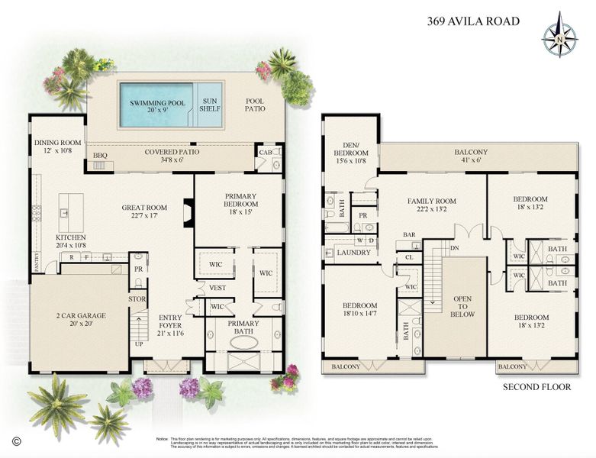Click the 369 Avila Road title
[x=473, y=21]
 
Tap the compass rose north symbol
[x=559, y=34]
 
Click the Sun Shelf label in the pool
[x=208, y=105]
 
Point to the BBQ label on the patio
[x=100, y=156]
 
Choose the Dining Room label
[x=57, y=147]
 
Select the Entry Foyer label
[x=170, y=322]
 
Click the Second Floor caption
[x=536, y=387]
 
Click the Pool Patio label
[x=255, y=105]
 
